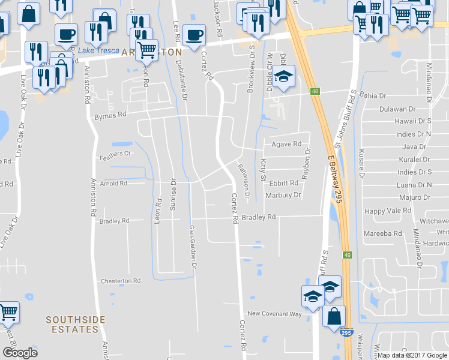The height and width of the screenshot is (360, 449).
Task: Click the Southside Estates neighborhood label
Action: click(72, 325)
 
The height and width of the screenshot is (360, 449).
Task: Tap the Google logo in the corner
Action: click(20, 353)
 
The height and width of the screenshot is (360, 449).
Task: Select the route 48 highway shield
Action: click(315, 91)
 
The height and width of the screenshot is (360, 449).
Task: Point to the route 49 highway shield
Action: click(347, 256)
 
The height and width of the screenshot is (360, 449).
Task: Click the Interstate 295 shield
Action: click(348, 331)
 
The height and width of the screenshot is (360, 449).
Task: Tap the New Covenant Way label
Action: click(274, 314)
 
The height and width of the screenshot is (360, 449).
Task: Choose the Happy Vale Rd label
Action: click(388, 211)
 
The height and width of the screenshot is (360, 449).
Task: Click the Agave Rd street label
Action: click(286, 144)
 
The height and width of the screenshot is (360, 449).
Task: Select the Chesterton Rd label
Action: click(121, 281)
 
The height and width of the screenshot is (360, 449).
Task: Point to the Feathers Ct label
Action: click(115, 154)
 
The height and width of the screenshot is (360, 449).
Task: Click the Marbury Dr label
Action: click(282, 195)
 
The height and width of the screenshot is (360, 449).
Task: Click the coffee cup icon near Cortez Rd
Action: click(193, 34)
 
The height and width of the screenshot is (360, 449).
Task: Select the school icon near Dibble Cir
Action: click(284, 77)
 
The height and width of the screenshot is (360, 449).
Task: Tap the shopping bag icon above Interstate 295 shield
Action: click(334, 314)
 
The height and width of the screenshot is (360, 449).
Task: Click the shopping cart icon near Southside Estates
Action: click(8, 311)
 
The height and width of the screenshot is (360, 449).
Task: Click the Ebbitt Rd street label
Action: click(284, 183)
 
